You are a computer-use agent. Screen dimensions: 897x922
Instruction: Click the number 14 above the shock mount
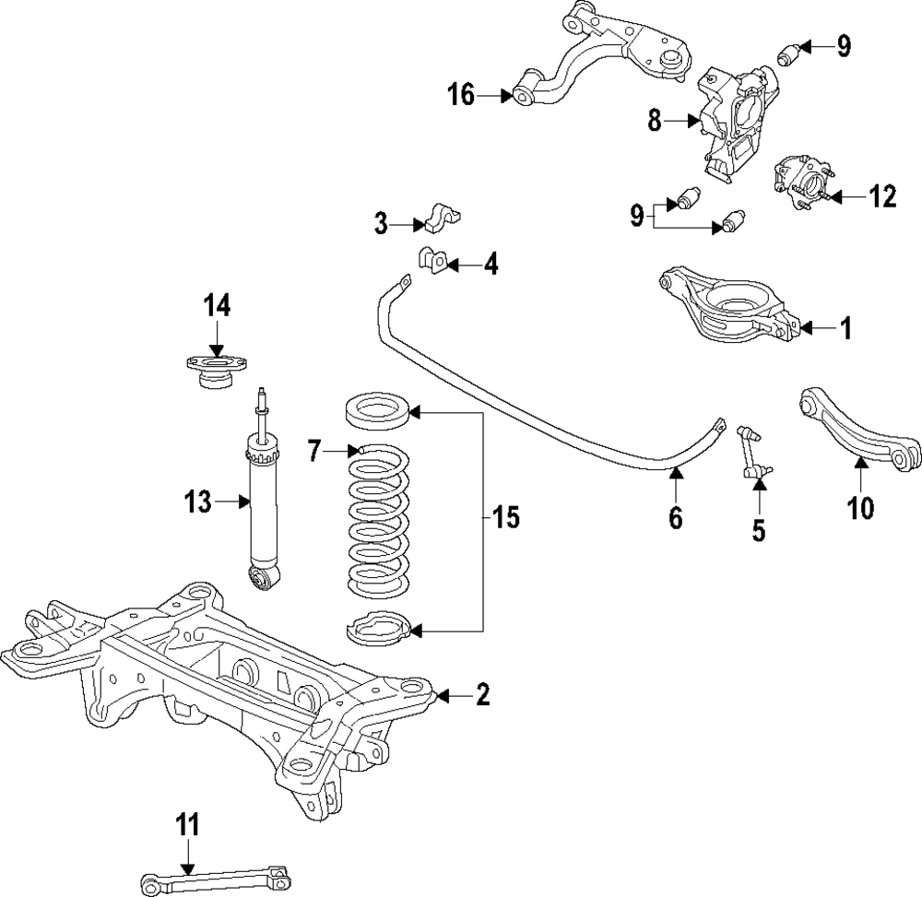(217, 305)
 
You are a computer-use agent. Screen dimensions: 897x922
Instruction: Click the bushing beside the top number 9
(786, 54)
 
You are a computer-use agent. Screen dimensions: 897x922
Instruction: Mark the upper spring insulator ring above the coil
(378, 410)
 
